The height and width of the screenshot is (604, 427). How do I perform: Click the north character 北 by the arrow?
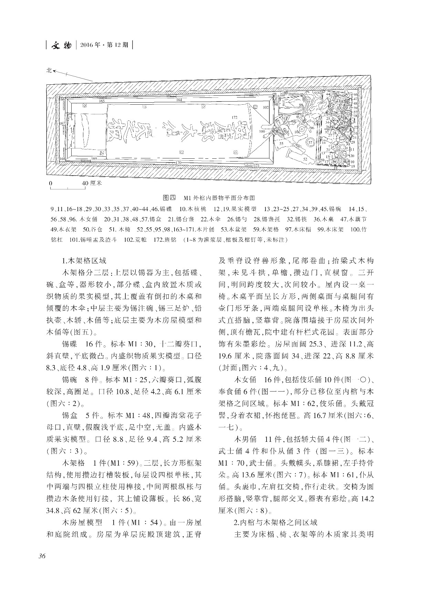(x=49, y=70)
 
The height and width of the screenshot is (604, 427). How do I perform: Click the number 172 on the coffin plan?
(x=235, y=117)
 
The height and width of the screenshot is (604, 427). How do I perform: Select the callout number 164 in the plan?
(x=179, y=100)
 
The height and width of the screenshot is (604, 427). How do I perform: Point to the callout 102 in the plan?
(x=265, y=107)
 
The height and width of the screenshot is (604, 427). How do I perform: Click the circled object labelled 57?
(x=310, y=142)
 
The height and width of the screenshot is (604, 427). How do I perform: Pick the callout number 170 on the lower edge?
(x=178, y=162)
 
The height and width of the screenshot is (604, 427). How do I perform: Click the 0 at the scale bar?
(x=51, y=183)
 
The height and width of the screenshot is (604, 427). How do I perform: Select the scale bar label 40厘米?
(x=92, y=183)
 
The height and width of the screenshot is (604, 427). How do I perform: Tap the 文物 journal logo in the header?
(x=61, y=45)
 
